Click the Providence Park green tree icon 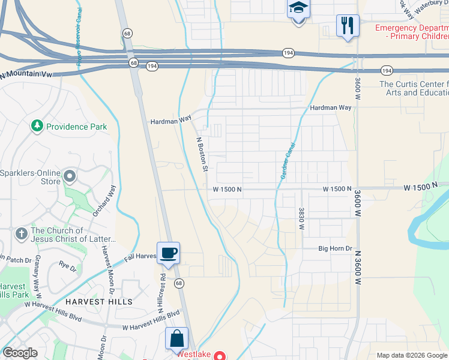click(37, 126)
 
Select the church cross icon click(21, 233)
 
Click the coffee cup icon click(167, 252)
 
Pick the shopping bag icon click(178, 338)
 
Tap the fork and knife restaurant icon click(348, 25)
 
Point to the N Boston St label click(202, 154)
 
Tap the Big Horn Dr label click(334, 248)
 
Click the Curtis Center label click(414, 88)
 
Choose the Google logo click(20, 353)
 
